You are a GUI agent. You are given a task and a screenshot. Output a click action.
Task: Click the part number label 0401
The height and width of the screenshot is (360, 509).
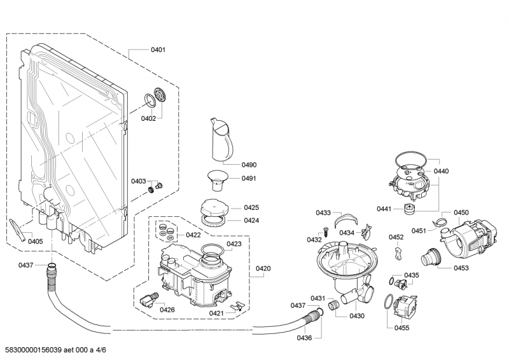[158, 50]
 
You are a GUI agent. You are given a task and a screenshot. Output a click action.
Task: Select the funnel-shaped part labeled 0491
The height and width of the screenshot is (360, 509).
[218, 181]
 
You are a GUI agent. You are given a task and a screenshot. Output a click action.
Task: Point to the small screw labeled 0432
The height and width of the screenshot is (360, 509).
[325, 232]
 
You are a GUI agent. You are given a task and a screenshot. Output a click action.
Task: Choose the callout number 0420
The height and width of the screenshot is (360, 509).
[263, 268]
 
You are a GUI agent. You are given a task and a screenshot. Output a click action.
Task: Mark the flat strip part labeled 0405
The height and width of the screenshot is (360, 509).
[18, 230]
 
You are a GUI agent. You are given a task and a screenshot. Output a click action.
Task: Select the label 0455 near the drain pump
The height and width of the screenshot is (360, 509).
[401, 328]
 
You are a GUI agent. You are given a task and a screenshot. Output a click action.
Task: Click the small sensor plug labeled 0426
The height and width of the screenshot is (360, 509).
[149, 300]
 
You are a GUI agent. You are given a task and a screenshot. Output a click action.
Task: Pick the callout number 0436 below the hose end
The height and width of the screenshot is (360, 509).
[304, 338]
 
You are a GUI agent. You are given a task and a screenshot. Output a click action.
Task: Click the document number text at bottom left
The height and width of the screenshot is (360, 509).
[56, 350]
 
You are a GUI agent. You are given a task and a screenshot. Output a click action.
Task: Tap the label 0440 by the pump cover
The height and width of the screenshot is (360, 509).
[441, 171]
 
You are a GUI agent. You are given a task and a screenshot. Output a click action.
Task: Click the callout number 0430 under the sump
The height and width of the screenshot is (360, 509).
[357, 316]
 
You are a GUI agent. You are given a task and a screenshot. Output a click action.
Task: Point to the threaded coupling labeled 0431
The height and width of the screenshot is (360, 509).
[333, 305]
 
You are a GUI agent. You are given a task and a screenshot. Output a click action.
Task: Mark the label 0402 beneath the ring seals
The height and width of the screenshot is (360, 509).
[148, 118]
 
